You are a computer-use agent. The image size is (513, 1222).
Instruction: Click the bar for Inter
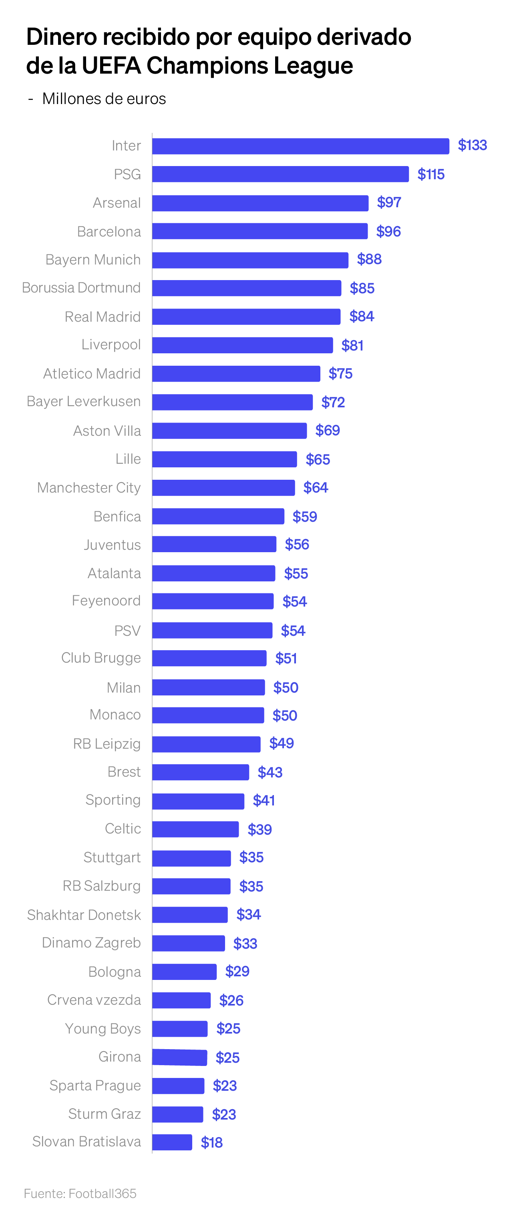pos(300,146)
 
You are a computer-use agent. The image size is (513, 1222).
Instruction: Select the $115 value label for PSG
pos(431,174)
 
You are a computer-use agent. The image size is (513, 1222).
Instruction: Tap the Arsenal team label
pos(117,203)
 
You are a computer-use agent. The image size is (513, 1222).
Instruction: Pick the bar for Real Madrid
pos(246,317)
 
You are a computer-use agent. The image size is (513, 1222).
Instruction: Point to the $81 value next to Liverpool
pos(352,345)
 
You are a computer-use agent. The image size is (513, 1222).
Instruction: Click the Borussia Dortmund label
pos(81,288)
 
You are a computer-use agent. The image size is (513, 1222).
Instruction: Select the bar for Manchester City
pos(223,488)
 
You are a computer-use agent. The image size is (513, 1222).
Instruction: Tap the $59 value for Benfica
pos(304,517)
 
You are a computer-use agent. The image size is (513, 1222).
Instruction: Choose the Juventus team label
pos(112,545)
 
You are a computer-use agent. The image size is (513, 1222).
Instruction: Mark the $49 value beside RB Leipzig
pos(281,743)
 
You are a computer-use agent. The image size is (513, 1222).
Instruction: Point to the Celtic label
pos(123,829)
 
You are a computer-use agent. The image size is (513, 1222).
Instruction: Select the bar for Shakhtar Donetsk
pos(189,915)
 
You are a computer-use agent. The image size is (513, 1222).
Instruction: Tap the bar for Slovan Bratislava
pos(172,1142)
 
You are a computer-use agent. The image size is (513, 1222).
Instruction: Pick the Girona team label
pos(120,1057)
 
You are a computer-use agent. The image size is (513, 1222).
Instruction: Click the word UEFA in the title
pos(111,66)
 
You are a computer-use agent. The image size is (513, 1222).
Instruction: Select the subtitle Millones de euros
pos(104,99)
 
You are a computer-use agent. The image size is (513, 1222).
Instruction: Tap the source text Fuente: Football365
pos(80,1194)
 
